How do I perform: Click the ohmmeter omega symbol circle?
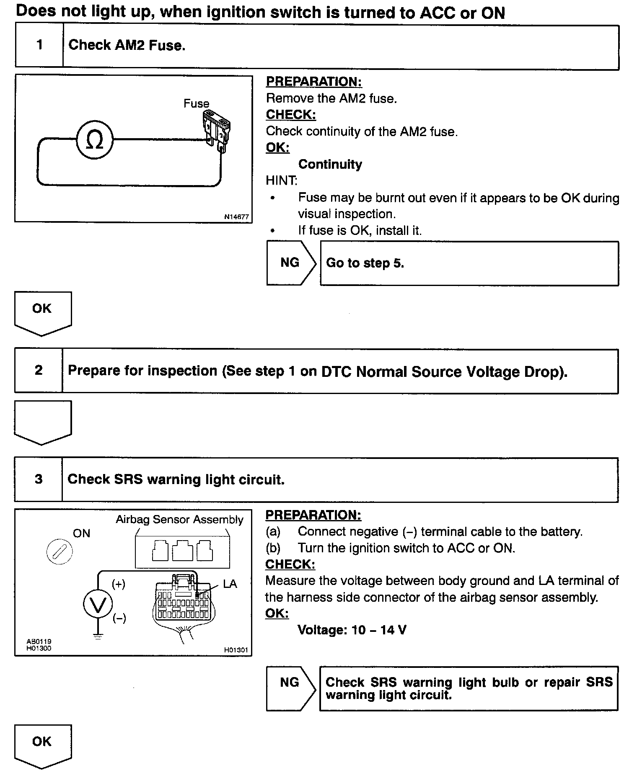click(95, 140)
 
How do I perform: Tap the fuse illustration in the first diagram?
click(218, 130)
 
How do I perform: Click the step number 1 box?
click(39, 45)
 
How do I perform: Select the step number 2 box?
click(39, 371)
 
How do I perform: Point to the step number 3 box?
click(39, 479)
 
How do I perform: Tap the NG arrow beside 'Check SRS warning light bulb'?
click(290, 689)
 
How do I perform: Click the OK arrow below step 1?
click(43, 312)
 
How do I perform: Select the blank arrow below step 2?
click(43, 421)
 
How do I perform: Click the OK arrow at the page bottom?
click(43, 745)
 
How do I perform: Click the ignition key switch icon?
click(59, 551)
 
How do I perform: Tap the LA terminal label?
click(230, 584)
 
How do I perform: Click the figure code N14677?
click(236, 217)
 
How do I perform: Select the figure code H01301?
click(236, 650)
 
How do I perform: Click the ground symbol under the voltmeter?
click(98, 637)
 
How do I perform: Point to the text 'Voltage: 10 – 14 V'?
click(352, 630)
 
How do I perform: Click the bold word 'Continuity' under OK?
click(330, 164)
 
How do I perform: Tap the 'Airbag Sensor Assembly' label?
click(179, 520)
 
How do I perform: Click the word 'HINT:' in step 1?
click(281, 180)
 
